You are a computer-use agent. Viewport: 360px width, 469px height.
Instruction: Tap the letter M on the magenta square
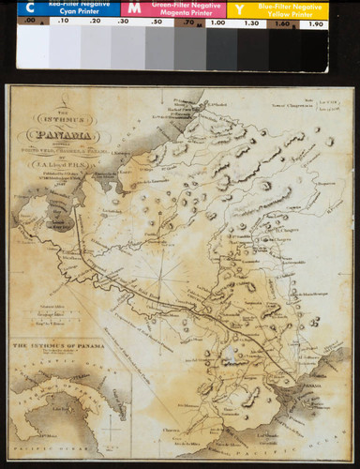point(134,8)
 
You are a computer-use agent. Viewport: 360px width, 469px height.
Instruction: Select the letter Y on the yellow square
point(240,8)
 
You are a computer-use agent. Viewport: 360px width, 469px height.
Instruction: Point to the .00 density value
point(31,22)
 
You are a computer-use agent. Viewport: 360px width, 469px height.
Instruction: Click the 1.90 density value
point(316,23)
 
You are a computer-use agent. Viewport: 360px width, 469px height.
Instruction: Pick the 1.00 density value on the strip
point(218,23)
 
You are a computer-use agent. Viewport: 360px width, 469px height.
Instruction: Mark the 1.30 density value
point(250,23)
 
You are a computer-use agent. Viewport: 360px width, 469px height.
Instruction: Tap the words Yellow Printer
point(285,15)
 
